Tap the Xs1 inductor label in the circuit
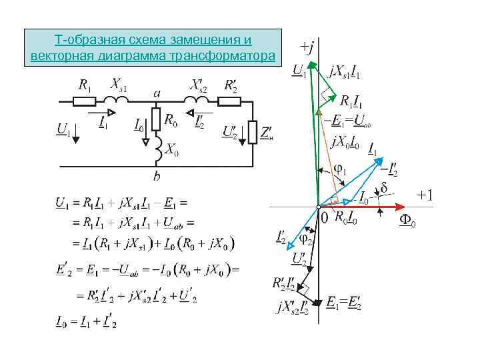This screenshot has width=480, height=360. [x=119, y=85]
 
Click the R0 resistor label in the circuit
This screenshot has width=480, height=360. [x=171, y=121]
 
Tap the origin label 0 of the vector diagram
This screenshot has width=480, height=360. [x=325, y=217]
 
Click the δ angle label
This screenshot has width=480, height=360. [x=384, y=189]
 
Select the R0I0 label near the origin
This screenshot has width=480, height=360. [x=347, y=216]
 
